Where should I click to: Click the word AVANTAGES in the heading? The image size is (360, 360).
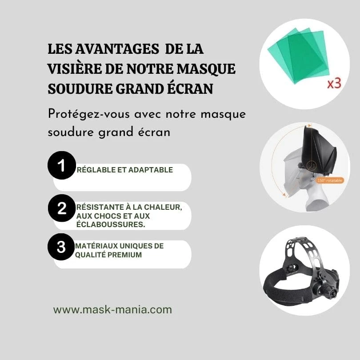(117, 49)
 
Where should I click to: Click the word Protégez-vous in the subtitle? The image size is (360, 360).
(89, 114)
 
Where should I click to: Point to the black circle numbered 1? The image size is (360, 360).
(62, 165)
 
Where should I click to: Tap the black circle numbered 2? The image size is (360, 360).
(62, 208)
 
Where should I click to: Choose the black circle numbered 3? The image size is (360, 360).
(61, 247)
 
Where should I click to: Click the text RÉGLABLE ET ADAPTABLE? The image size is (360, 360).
(125, 170)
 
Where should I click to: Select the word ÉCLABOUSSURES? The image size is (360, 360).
(111, 224)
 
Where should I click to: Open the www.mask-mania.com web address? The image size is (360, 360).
(112, 309)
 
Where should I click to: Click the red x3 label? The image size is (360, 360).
(334, 84)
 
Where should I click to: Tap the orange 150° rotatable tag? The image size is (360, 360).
(330, 180)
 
